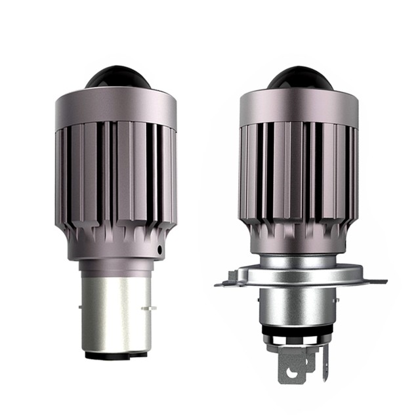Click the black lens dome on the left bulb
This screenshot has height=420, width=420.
[117, 77]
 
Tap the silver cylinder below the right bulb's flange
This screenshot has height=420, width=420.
[299, 308]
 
